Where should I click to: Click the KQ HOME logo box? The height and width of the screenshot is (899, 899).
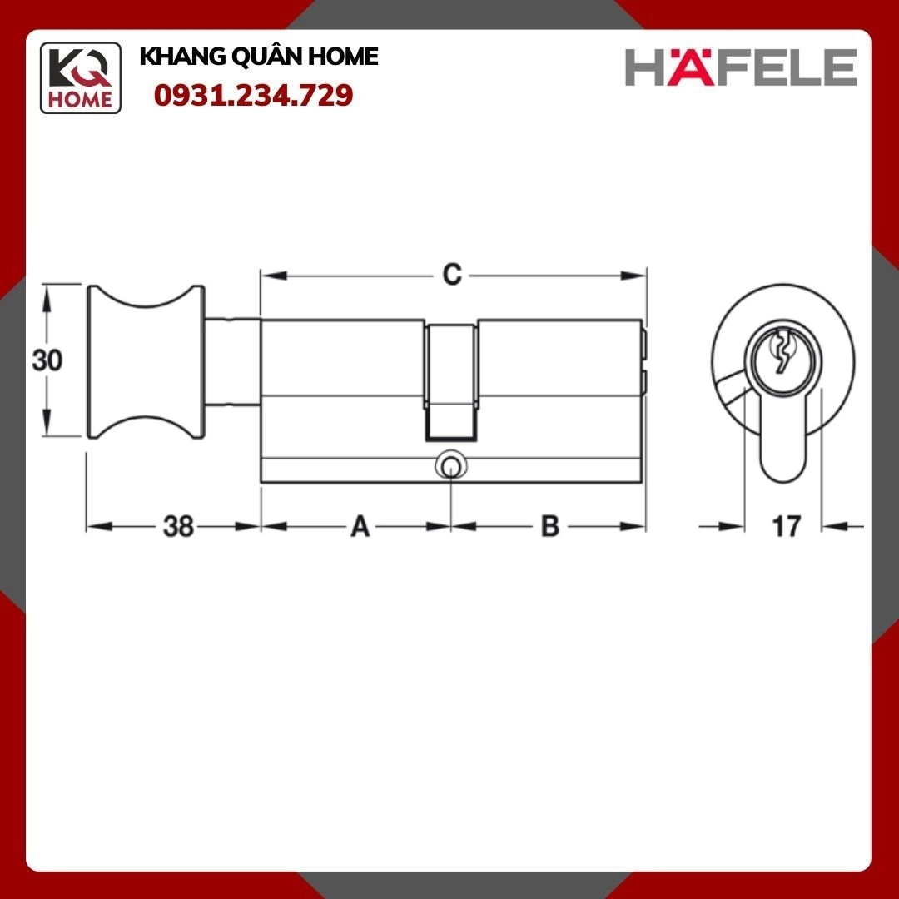click(x=80, y=78)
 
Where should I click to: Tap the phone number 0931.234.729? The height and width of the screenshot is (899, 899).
click(x=253, y=95)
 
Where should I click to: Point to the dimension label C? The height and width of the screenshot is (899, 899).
click(x=452, y=275)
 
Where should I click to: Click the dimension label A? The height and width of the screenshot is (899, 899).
click(x=360, y=526)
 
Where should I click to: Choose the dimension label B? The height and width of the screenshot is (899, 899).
click(x=550, y=526)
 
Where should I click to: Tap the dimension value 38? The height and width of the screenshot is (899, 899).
click(x=178, y=526)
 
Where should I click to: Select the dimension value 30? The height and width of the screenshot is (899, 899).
click(x=47, y=360)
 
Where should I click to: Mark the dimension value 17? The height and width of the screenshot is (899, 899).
click(x=786, y=526)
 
